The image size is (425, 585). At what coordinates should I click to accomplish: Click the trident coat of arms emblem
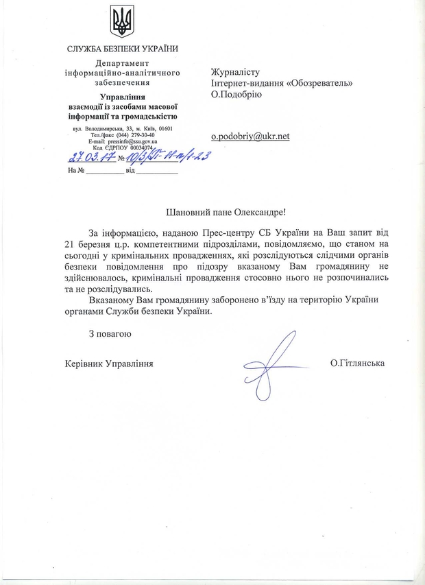pyautogui.click(x=122, y=21)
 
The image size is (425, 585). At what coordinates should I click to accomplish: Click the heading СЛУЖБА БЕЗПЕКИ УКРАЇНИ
pyautogui.click(x=122, y=49)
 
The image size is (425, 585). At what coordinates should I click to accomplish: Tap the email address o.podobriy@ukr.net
pyautogui.click(x=250, y=136)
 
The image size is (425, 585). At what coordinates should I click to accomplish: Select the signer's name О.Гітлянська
pyautogui.click(x=356, y=363)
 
